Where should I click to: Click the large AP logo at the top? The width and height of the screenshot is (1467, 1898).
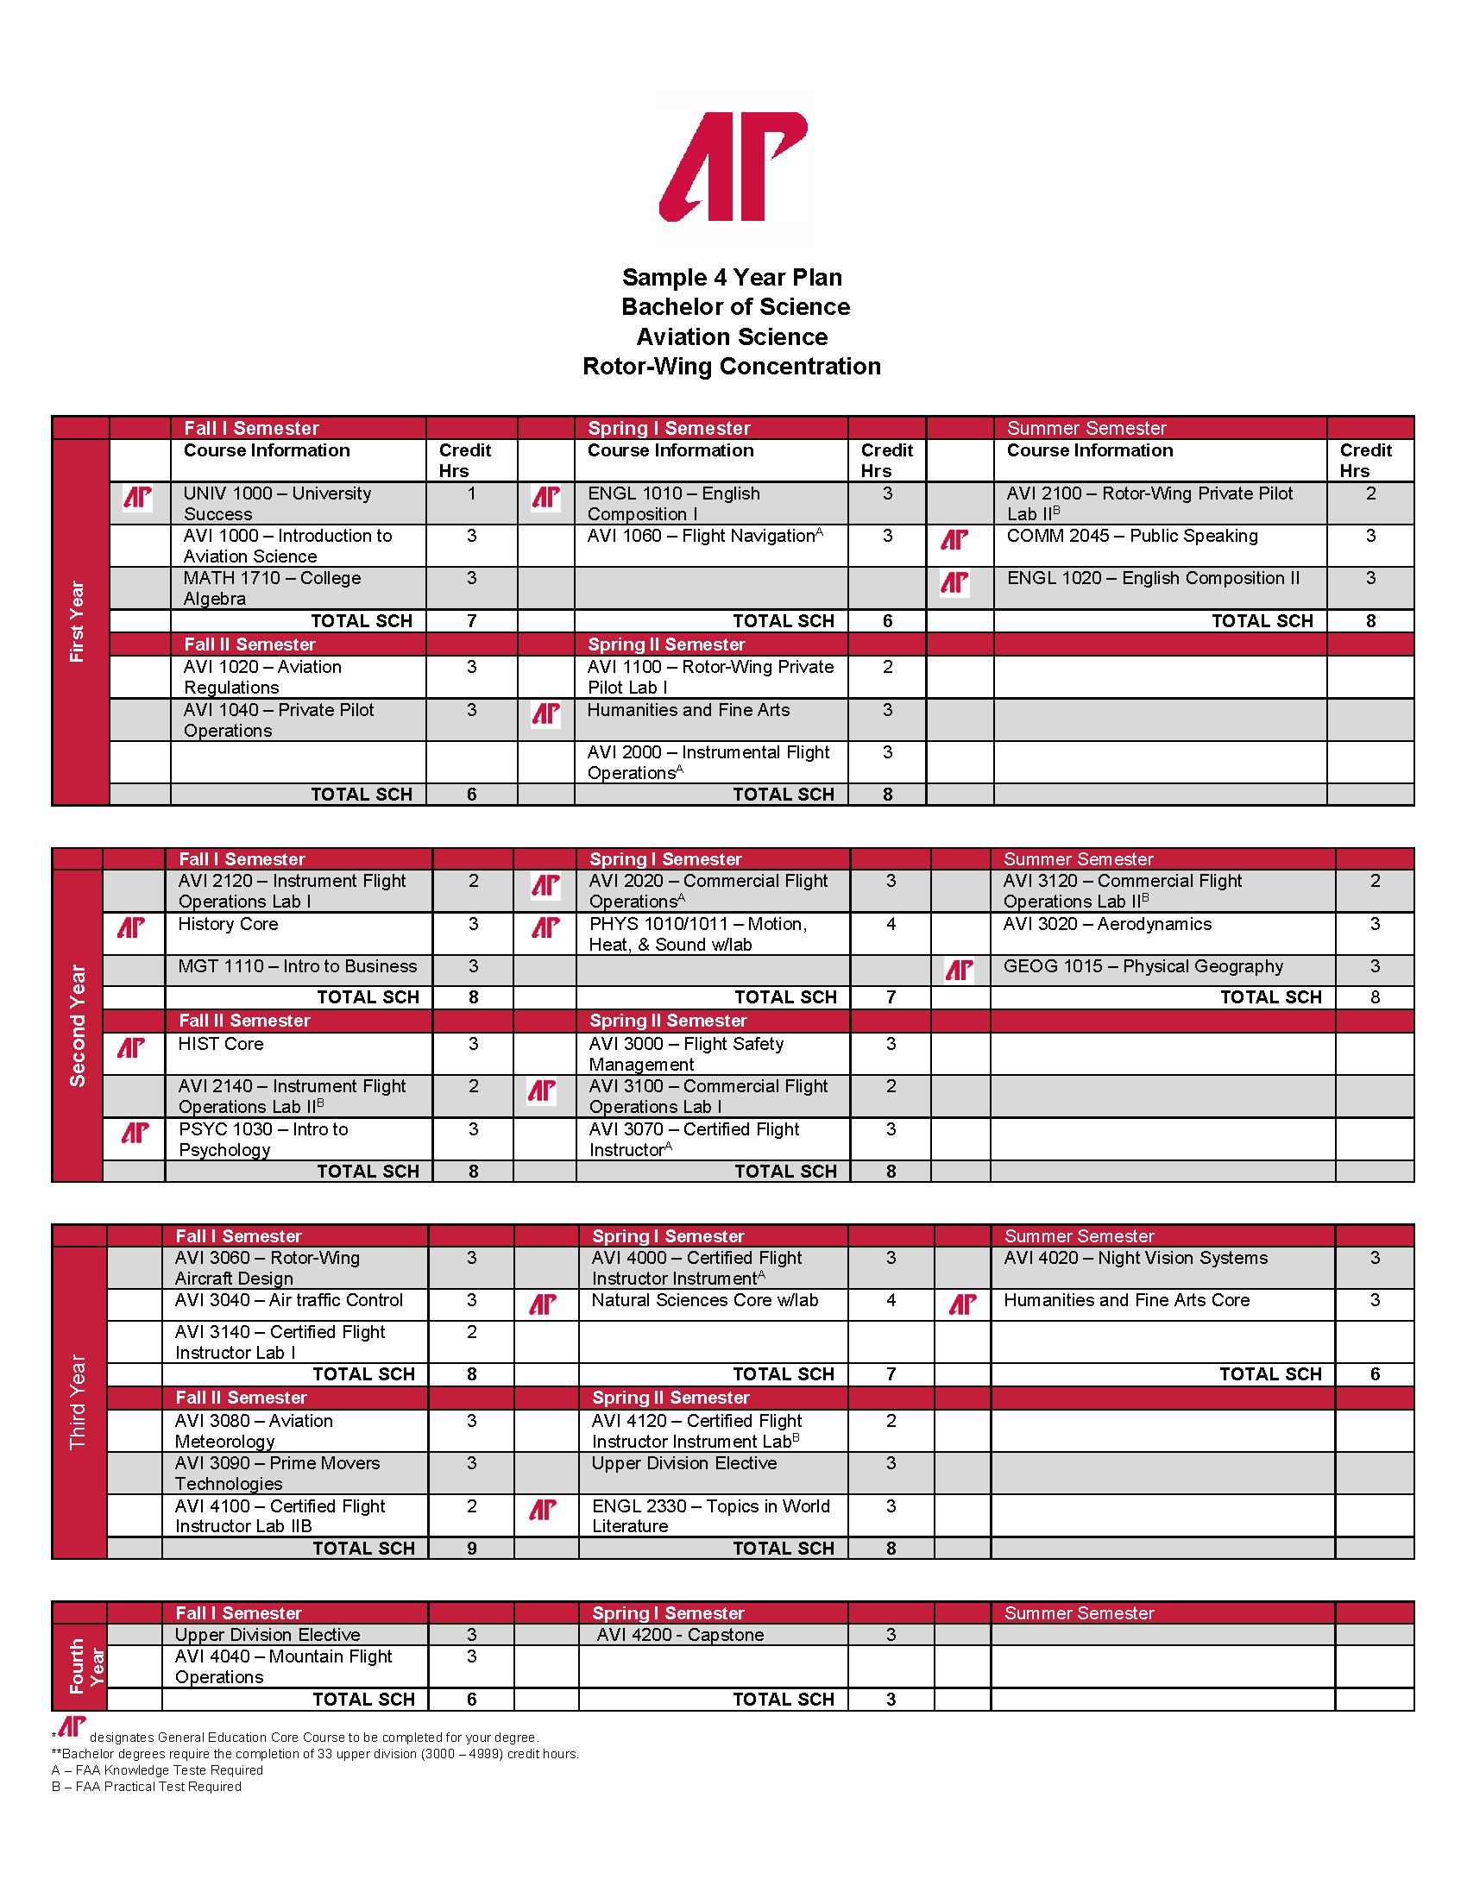733,166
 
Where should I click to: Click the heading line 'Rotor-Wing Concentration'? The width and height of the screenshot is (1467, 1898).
732,367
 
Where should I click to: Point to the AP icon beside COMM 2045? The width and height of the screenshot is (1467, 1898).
954,541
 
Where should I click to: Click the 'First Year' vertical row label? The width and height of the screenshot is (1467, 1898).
78,621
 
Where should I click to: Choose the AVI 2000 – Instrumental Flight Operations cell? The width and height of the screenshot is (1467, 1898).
709,762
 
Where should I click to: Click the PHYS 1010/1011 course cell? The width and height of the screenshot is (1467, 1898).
711,934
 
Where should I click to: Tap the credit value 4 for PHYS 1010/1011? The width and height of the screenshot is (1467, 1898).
891,925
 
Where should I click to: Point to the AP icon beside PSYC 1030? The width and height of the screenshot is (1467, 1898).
135,1134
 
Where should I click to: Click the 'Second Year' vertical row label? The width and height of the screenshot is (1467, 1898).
78,1026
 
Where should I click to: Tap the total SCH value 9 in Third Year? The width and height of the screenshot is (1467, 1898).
472,1549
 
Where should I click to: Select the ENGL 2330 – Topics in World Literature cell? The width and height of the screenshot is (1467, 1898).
711,1517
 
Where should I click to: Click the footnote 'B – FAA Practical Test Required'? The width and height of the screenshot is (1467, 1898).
146,1787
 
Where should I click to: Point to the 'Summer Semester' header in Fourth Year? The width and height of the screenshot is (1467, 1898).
1080,1613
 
